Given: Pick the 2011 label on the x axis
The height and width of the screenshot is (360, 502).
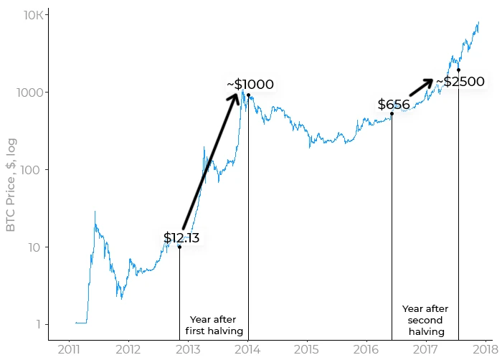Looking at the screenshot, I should pyautogui.click(x=69, y=349).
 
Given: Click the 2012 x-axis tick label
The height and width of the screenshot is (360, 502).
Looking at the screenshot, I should pyautogui.click(x=128, y=349).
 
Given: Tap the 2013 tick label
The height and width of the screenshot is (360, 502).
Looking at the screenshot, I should pyautogui.click(x=188, y=349).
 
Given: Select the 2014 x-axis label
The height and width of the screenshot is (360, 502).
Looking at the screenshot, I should pyautogui.click(x=247, y=349).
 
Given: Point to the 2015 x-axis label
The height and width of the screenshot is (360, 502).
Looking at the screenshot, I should pyautogui.click(x=307, y=349).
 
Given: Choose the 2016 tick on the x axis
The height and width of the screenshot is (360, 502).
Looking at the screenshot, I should pyautogui.click(x=366, y=349).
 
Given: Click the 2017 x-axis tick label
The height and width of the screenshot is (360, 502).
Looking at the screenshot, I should pyautogui.click(x=426, y=349).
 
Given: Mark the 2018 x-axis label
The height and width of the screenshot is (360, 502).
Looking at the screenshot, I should pyautogui.click(x=486, y=349).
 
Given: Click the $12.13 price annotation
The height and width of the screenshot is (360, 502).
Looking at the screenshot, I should pyautogui.click(x=181, y=237).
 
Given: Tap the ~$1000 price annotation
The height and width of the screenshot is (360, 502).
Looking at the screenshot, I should pyautogui.click(x=250, y=85).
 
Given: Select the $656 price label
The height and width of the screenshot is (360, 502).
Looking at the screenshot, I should pyautogui.click(x=394, y=105).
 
